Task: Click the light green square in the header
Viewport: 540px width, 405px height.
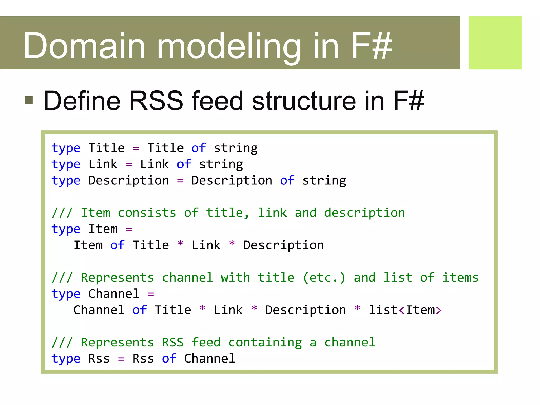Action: pyautogui.click(x=495, y=43)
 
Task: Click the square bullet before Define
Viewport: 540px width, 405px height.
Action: pyautogui.click(x=29, y=100)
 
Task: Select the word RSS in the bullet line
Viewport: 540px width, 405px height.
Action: pyautogui.click(x=156, y=101)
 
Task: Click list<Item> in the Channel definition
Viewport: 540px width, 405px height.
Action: pyautogui.click(x=405, y=310)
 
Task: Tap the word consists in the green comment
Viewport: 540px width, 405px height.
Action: pyautogui.click(x=147, y=213)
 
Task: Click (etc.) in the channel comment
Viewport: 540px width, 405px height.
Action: pyautogui.click(x=324, y=278)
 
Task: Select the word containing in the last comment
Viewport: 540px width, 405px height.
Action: pyautogui.click(x=265, y=343)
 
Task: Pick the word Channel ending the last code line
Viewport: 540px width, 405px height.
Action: pyautogui.click(x=209, y=359)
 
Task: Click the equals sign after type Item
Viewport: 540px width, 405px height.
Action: pyautogui.click(x=129, y=229)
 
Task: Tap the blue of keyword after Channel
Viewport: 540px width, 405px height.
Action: pyautogui.click(x=139, y=310)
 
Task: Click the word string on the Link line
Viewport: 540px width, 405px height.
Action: pyautogui.click(x=221, y=165)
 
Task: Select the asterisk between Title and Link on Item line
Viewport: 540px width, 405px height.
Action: pyautogui.click(x=180, y=244)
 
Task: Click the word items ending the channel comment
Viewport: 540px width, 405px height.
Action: pyautogui.click(x=460, y=278)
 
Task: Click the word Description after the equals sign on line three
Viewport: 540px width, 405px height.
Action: pyautogui.click(x=232, y=181)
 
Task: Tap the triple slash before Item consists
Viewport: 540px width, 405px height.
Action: pyautogui.click(x=62, y=213)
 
